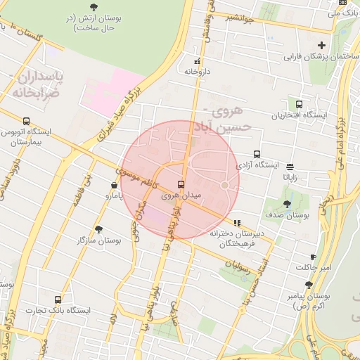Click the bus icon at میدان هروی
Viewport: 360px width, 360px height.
181,184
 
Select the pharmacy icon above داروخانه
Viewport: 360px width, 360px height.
196,61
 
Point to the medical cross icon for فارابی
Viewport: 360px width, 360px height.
321,45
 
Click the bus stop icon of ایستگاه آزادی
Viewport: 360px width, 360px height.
257,154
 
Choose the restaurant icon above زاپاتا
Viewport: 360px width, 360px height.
290,167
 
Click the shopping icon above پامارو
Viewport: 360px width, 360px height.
114,186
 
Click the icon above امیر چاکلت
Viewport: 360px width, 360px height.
313,257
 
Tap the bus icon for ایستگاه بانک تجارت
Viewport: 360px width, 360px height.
58,300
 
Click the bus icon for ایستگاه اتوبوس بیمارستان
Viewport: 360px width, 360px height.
26,121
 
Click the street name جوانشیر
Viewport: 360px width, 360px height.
236,18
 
